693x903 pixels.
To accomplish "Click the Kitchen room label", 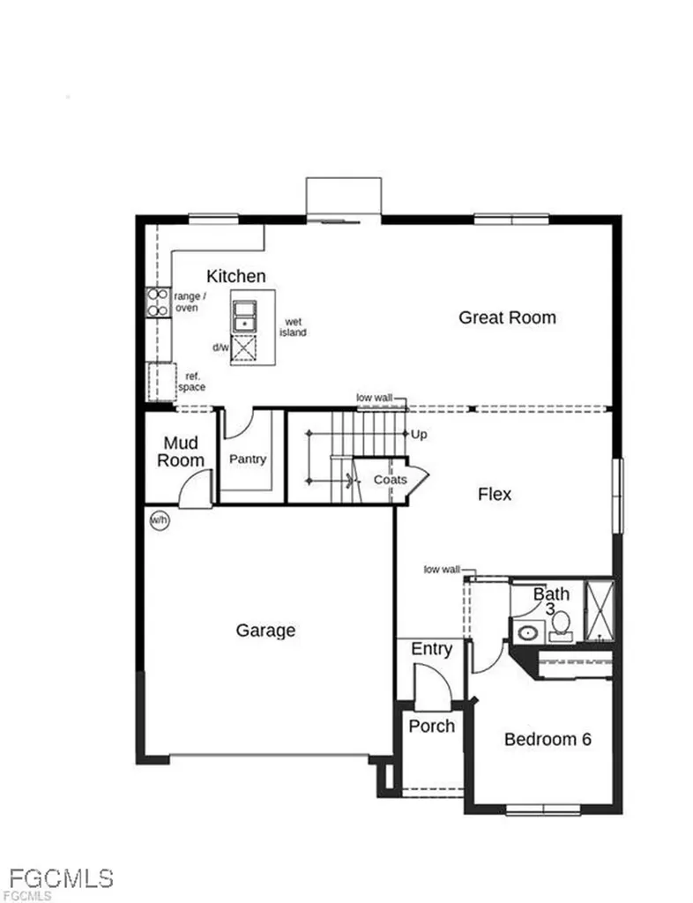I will click(x=235, y=276).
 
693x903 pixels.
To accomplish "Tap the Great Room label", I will click(x=507, y=317).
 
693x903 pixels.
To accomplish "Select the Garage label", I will click(x=265, y=631).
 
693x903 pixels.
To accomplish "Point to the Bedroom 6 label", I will click(x=547, y=739).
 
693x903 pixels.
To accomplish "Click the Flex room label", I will click(x=494, y=494).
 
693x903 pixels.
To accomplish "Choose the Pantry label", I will click(x=247, y=459).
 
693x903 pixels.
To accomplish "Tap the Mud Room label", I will click(x=181, y=451).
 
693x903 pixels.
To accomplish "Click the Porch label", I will click(x=432, y=726).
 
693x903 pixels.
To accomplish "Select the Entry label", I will click(x=431, y=649).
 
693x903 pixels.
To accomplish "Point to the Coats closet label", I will click(x=390, y=479).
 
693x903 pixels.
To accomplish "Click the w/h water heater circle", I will click(x=159, y=520).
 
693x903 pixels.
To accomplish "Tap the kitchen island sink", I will click(x=243, y=316).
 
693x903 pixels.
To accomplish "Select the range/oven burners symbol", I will click(x=158, y=302).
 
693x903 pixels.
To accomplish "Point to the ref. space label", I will click(x=191, y=382).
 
